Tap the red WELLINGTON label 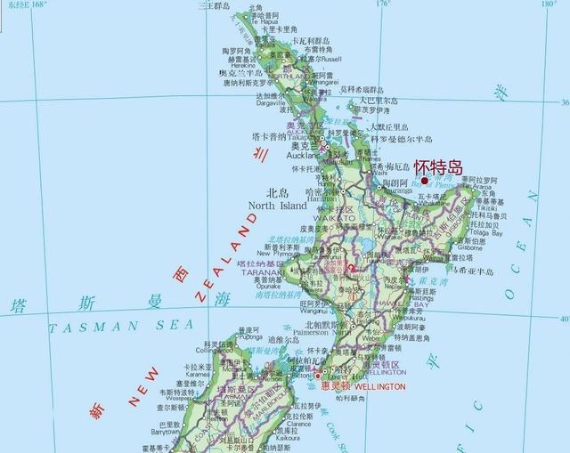coord(380,387)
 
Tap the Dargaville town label coord(269,102)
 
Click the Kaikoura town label coord(287,437)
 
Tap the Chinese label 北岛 coord(278,192)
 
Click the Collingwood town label coord(214,350)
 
